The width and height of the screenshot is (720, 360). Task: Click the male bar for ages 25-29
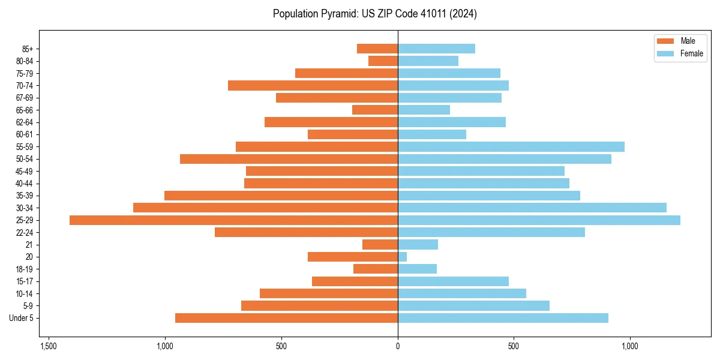[233, 220]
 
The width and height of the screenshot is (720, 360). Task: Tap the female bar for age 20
[403, 257]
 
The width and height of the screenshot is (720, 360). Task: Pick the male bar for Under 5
[286, 318]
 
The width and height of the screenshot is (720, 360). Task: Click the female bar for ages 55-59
[511, 147]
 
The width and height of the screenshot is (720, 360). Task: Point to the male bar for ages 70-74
[313, 86]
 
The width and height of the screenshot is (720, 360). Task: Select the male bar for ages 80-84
[383, 61]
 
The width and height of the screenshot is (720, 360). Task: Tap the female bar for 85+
[436, 49]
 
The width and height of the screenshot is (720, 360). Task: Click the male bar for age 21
[380, 245]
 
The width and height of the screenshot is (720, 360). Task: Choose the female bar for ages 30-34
[532, 208]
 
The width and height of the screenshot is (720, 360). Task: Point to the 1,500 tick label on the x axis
[49, 347]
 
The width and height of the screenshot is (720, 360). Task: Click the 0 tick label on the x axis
[398, 347]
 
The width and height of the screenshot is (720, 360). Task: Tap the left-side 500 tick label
[281, 347]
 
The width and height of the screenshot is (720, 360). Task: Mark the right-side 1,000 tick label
[630, 347]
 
